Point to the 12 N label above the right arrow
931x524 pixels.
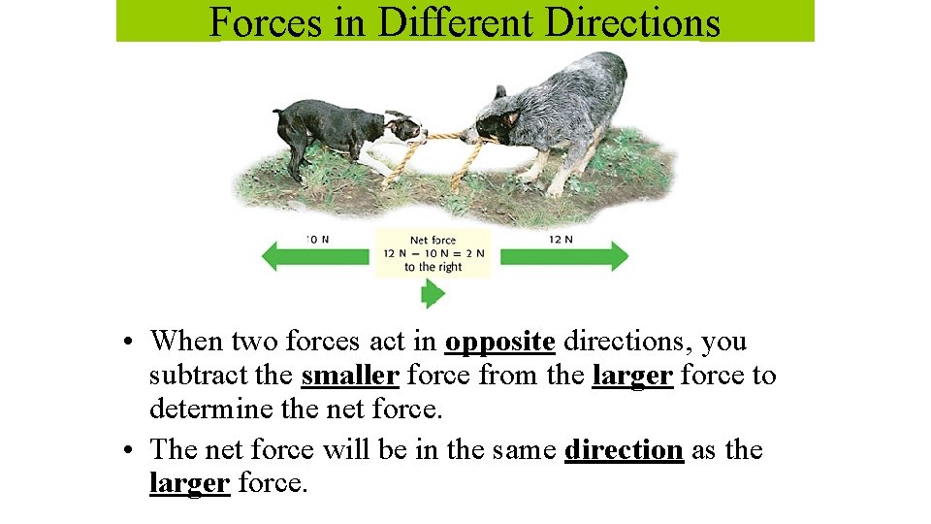(561, 239)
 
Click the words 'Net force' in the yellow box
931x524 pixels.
(433, 240)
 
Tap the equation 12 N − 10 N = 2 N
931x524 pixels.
(433, 253)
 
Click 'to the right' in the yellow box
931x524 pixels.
(433, 267)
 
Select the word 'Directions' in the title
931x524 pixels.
(631, 21)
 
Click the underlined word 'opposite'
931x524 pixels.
(499, 342)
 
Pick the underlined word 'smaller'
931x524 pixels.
(350, 376)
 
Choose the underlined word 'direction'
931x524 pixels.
(624, 450)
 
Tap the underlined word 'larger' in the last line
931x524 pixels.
(189, 482)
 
